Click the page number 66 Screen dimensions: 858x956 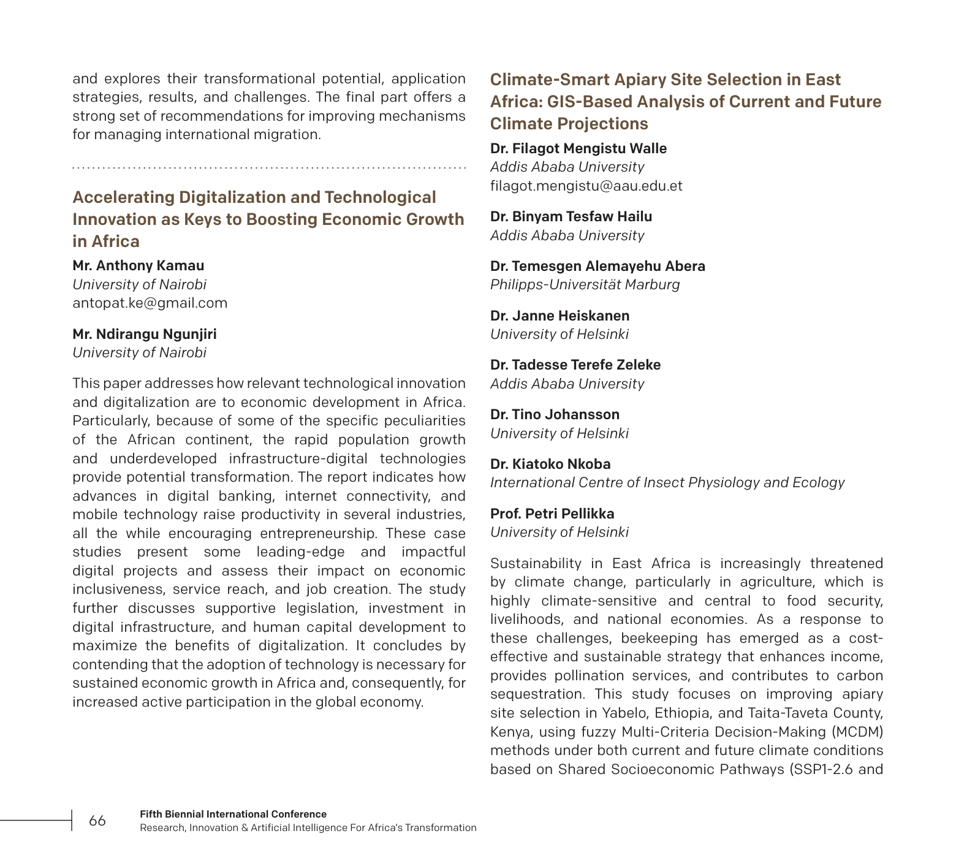pyautogui.click(x=97, y=821)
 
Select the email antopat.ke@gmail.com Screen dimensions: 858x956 pyautogui.click(x=150, y=303)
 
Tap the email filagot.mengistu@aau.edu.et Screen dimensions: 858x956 pyautogui.click(x=586, y=186)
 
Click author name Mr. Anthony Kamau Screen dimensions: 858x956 pyautogui.click(x=138, y=265)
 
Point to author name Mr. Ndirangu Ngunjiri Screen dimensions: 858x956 pyautogui.click(x=145, y=334)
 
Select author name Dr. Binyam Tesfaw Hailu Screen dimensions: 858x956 pyautogui.click(x=571, y=216)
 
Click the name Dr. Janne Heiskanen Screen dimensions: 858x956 pyautogui.click(x=560, y=316)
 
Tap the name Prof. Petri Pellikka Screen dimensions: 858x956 pyautogui.click(x=552, y=514)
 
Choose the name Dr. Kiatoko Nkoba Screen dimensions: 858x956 pyautogui.click(x=550, y=464)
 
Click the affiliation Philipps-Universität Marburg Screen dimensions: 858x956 pyautogui.click(x=585, y=284)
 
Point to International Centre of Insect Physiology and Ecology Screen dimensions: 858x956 pyautogui.click(x=667, y=482)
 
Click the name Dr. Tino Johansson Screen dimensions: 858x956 pyautogui.click(x=555, y=414)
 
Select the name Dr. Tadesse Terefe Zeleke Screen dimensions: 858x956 pyautogui.click(x=575, y=365)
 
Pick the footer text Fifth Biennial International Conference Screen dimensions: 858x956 pyautogui.click(x=233, y=814)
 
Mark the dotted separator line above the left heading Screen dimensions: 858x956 pyautogui.click(x=269, y=167)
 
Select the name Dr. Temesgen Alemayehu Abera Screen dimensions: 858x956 pyautogui.click(x=597, y=266)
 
